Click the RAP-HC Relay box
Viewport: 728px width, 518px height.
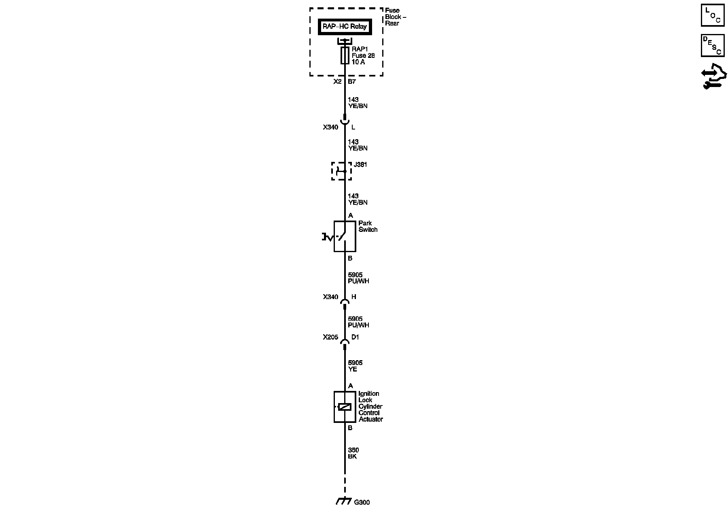coord(345,27)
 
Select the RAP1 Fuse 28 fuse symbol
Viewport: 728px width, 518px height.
coord(345,55)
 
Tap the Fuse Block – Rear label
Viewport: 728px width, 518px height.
coord(395,17)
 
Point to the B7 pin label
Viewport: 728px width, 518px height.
coord(351,82)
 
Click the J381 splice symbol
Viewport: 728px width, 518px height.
coord(342,171)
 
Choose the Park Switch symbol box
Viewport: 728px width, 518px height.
coord(345,236)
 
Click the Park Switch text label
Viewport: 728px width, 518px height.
coord(368,226)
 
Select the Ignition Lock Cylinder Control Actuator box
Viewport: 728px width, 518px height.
coord(345,407)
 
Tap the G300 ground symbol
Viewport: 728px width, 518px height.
coord(344,501)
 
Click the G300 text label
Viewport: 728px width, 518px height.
coord(362,503)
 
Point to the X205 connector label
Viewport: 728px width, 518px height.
coord(330,337)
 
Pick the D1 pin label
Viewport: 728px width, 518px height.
coord(355,337)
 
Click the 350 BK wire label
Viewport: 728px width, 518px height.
coord(353,453)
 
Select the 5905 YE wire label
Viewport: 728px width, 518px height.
coord(355,366)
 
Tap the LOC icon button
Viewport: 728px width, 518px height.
coord(713,15)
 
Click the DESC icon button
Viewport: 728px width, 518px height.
coord(713,45)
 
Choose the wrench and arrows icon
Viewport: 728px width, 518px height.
coord(714,77)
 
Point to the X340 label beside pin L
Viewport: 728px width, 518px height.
coord(330,127)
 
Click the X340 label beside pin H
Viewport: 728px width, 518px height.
coord(330,297)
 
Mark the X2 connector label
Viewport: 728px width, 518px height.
coord(337,82)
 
